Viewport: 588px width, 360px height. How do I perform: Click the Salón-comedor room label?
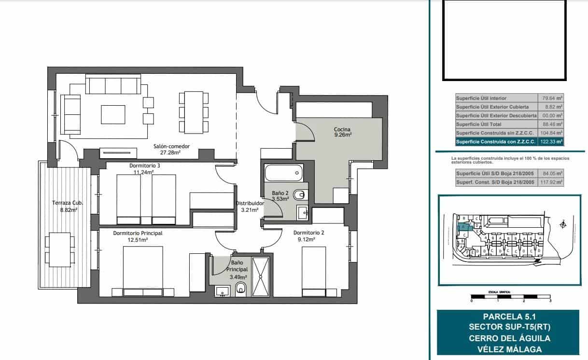[x=171, y=146]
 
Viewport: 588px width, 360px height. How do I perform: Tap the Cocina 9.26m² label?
[x=342, y=129]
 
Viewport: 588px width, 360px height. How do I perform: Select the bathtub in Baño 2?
[x=283, y=172]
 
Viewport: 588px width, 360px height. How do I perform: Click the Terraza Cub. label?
[x=64, y=203]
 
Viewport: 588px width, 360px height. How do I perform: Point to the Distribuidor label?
[x=250, y=204]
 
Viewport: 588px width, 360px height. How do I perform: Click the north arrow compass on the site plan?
[x=562, y=224]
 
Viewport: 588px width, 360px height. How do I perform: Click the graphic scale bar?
[x=510, y=295]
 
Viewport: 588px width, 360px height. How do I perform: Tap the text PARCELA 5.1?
[x=509, y=317]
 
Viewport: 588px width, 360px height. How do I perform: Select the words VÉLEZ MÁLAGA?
[x=509, y=349]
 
